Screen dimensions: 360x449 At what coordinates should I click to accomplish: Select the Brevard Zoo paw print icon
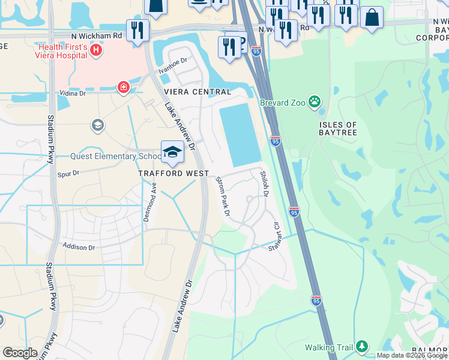click(314, 102)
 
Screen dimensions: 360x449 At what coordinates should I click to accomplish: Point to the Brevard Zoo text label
click(283, 103)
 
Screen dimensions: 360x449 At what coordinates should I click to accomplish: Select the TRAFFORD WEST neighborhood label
click(173, 173)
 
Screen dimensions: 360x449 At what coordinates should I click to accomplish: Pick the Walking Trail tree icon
click(361, 346)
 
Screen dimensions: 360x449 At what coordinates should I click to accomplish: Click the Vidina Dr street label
click(73, 94)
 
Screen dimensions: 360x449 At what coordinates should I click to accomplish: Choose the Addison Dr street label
click(79, 247)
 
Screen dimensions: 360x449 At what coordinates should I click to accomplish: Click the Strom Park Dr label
click(223, 196)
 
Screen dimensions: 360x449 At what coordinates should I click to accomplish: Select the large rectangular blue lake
click(241, 135)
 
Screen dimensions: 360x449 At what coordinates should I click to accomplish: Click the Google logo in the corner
click(20, 353)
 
